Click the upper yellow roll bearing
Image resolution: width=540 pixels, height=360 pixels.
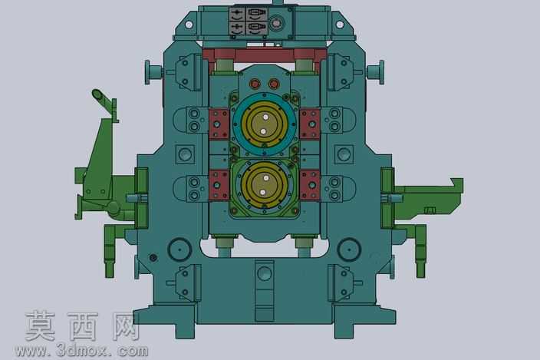pyautogui.click(x=264, y=124)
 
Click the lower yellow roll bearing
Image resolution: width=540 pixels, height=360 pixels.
pyautogui.click(x=264, y=185)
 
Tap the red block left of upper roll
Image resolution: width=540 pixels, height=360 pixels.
pyautogui.click(x=219, y=124)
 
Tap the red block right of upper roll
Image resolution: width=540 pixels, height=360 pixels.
pyautogui.click(x=310, y=124)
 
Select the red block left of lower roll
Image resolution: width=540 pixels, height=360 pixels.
pyautogui.click(x=219, y=185)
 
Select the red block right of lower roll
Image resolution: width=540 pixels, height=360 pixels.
pyautogui.click(x=310, y=185)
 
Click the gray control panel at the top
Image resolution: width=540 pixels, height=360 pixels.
pyautogui.click(x=249, y=21)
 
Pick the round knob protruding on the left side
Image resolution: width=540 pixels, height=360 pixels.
pyautogui.click(x=153, y=72)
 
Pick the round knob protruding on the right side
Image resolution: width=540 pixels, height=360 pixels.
pyautogui.click(x=376, y=72)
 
